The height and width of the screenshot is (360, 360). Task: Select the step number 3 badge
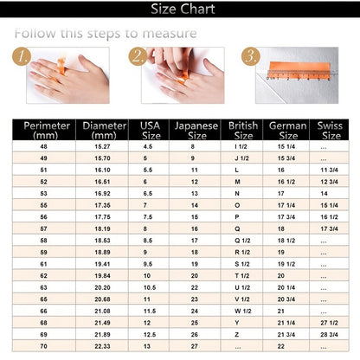[x=250, y=57]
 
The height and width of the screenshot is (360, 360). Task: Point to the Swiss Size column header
[x=329, y=130]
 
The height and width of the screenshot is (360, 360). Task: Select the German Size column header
[x=284, y=130]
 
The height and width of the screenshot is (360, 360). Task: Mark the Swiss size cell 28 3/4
[x=329, y=333]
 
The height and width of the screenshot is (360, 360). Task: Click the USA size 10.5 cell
[x=149, y=286]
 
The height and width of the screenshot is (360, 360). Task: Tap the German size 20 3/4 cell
[x=286, y=299]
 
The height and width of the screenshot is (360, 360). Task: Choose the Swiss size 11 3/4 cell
[x=329, y=170]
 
